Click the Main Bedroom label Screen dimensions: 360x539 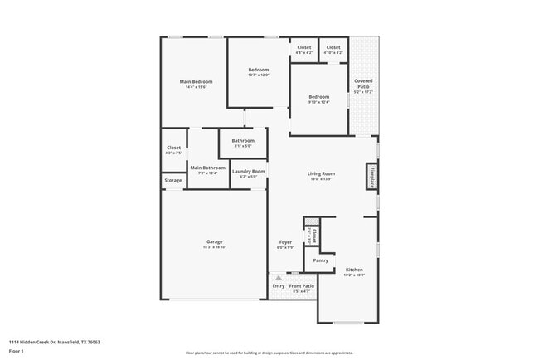coord(197,81)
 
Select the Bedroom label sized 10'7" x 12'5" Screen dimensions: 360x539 coord(259,70)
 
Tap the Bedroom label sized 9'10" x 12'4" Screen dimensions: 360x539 coord(319,97)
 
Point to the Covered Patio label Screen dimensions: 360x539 coord(363,84)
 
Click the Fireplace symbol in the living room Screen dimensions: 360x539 coord(373,177)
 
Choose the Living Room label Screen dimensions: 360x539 coord(321,173)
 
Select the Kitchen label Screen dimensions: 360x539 coord(354,270)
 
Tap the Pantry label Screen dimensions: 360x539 coord(320,260)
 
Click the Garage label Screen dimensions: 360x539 coord(215,241)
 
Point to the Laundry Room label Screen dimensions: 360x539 coord(249,172)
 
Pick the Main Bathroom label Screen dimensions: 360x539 coord(207,168)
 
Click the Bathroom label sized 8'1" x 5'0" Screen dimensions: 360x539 coord(243,140)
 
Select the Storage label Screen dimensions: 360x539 coord(172,180)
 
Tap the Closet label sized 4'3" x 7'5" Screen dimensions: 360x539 coord(174,148)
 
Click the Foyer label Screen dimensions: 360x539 coord(285,242)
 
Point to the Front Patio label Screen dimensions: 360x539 coord(301,286)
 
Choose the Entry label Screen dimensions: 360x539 coord(278,286)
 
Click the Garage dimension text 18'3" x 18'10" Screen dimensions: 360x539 coord(215,247)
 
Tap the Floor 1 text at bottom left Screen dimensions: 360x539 coord(17,351)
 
